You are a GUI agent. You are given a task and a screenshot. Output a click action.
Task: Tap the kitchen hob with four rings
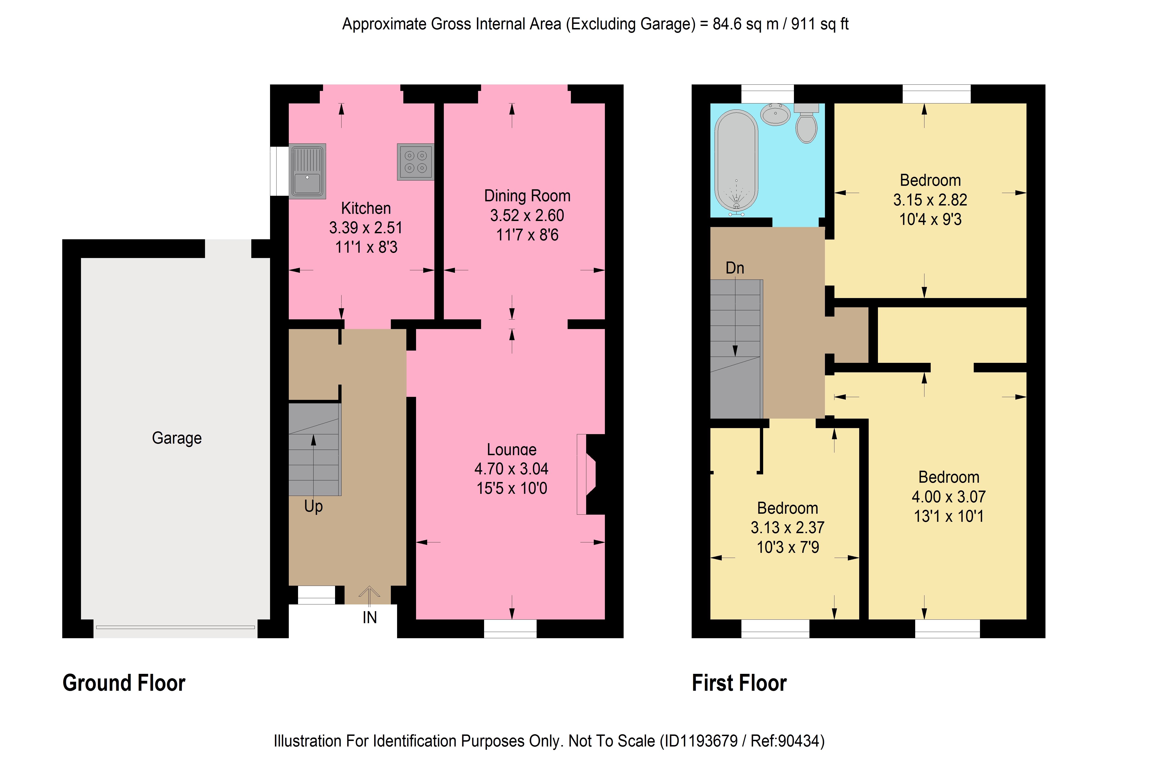[416, 162]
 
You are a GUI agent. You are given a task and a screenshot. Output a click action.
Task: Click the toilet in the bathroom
[806, 123]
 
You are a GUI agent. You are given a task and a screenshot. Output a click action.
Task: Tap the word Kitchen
[366, 208]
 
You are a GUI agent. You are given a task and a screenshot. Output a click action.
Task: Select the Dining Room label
[527, 196]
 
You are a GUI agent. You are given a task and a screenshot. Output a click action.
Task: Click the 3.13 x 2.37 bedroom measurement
[787, 528]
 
